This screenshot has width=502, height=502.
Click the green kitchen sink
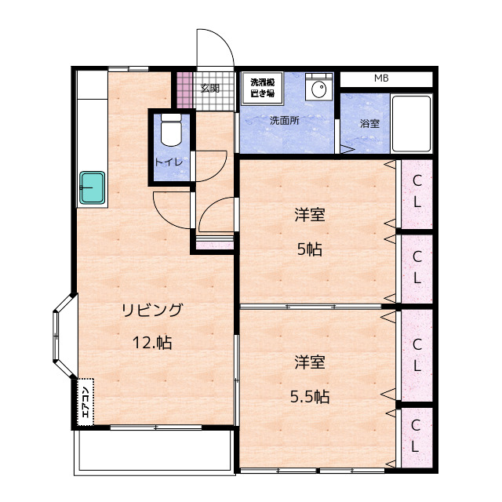tap(93, 187)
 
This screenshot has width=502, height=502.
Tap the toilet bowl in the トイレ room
tap(171, 130)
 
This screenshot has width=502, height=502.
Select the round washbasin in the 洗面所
tap(319, 89)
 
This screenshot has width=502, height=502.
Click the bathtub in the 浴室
tap(411, 124)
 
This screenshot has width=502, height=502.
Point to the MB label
tap(381, 78)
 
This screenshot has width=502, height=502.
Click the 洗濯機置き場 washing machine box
tap(263, 88)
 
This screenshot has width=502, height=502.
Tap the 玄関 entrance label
tap(210, 89)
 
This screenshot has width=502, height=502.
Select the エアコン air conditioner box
tap(85, 402)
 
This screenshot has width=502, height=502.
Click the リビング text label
tap(152, 310)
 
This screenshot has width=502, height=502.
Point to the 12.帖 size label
tap(152, 343)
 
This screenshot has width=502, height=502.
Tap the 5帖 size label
tap(309, 249)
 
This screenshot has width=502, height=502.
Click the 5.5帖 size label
tap(310, 396)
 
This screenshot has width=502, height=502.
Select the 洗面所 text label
tap(284, 120)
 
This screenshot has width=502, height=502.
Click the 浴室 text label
tap(369, 123)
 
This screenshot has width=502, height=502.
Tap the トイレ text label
tap(169, 162)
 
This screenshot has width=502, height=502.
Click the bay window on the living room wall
tap(65, 336)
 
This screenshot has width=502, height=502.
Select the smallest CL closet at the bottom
tap(417, 437)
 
